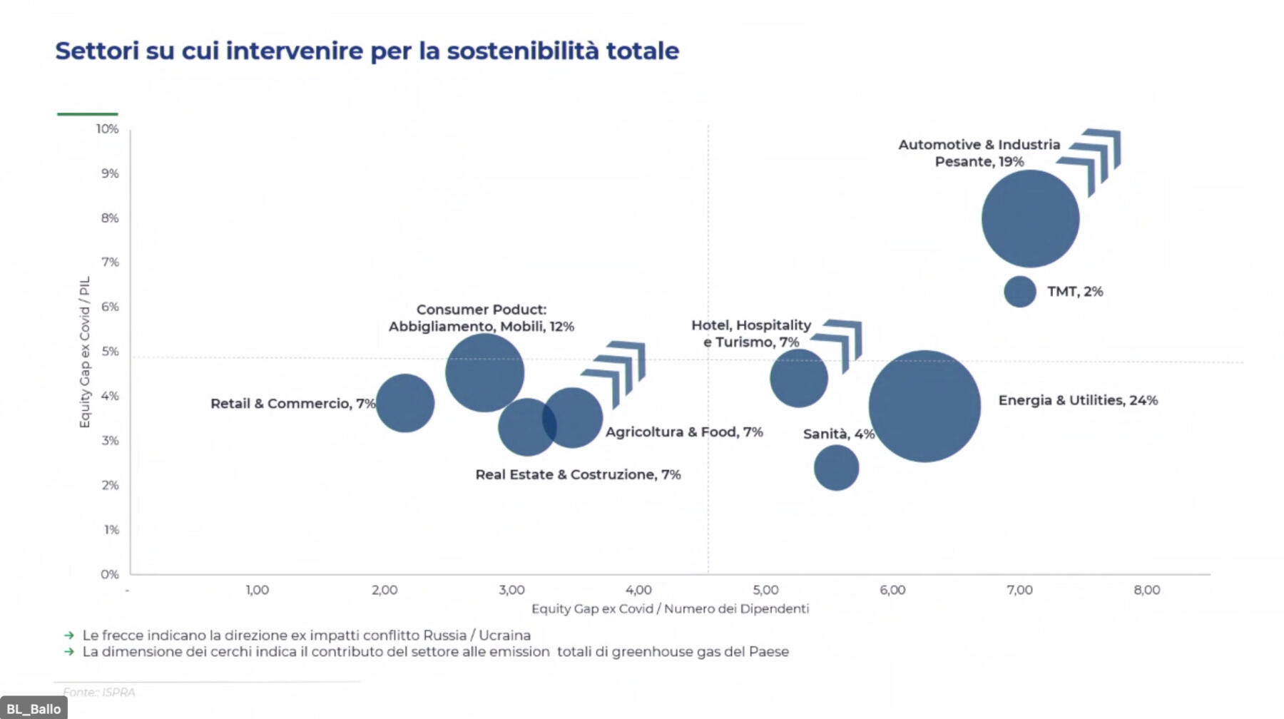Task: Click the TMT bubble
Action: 1019,292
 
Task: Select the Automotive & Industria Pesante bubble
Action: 1030,218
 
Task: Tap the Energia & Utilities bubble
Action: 924,406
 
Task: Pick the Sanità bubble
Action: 836,468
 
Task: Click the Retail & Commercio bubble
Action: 404,403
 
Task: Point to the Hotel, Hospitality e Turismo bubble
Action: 798,378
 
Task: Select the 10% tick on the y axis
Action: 108,129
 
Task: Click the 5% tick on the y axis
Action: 110,352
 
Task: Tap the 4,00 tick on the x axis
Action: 638,590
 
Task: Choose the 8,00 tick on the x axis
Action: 1146,590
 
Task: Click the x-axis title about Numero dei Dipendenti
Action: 670,608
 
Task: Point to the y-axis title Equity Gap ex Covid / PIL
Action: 85,352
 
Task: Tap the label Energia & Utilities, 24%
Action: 1077,400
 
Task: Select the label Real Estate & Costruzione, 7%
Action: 578,474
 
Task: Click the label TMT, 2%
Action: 1074,292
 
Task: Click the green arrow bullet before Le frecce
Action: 69,635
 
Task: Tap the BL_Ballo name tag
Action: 34,709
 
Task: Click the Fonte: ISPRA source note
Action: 98,692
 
